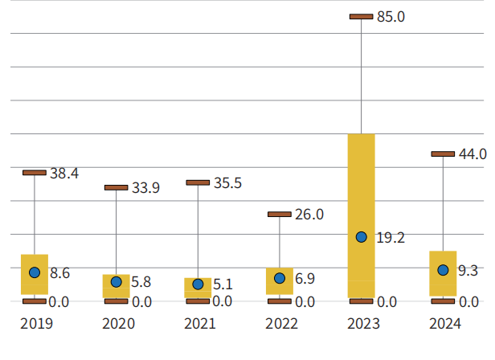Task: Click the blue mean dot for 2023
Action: (362, 237)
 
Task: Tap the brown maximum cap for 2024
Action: (443, 153)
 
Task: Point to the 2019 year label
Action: (36, 325)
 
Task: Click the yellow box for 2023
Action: (362, 185)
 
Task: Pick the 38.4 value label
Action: (63, 173)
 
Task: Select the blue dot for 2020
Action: (117, 282)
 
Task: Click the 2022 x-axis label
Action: (280, 325)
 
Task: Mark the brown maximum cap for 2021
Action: (198, 182)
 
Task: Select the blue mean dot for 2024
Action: (443, 270)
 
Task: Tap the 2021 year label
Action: (199, 325)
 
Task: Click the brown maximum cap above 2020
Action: (117, 187)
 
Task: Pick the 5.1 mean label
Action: (223, 284)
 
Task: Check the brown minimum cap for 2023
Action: (362, 301)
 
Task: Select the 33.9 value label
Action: (145, 188)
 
